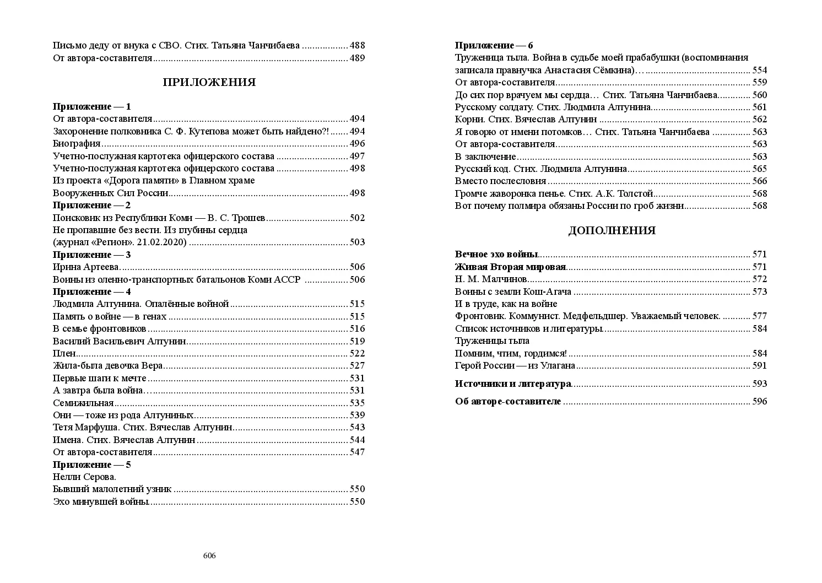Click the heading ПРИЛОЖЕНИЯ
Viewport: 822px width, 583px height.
coord(209,83)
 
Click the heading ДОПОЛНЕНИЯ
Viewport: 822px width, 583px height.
coord(612,231)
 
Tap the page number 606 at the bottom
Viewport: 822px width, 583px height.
coord(209,555)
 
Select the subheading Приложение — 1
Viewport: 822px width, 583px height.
coord(91,106)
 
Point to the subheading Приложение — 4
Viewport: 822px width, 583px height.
coord(91,291)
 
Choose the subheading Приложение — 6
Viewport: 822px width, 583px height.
coord(494,45)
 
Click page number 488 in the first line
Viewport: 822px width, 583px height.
coord(357,46)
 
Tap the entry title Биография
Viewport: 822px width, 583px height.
coord(77,144)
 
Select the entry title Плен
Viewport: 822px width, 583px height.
coord(64,353)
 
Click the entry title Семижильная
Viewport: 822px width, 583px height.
coord(83,403)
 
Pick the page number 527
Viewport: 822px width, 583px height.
coord(357,366)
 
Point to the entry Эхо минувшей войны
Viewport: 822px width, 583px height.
coord(101,501)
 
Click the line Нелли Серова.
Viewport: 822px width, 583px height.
coord(84,477)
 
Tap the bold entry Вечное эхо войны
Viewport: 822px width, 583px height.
coord(496,255)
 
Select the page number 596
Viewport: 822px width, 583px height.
coord(759,401)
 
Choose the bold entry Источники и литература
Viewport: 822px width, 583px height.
coord(513,384)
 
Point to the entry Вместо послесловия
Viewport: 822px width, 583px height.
coord(500,181)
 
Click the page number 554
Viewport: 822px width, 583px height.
coord(759,70)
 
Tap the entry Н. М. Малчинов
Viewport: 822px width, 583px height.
coord(491,279)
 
